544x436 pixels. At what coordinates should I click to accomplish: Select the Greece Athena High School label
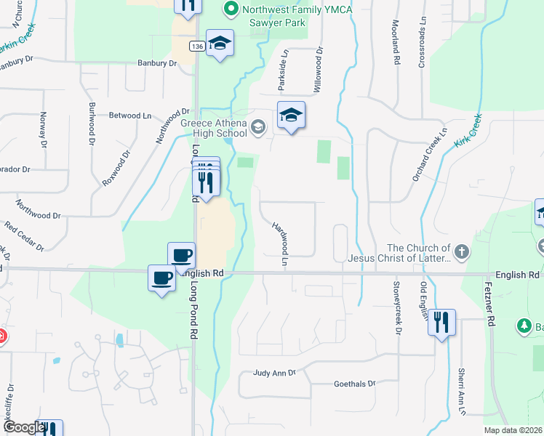(x=214, y=128)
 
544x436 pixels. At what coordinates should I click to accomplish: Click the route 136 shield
(x=196, y=46)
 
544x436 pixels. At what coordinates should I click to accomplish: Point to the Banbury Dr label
(x=157, y=63)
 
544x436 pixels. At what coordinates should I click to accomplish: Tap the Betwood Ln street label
(x=130, y=116)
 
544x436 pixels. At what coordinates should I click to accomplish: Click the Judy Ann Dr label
(x=274, y=373)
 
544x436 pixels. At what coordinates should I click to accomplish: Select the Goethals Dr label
(x=354, y=383)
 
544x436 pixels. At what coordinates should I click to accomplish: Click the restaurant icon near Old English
(x=441, y=321)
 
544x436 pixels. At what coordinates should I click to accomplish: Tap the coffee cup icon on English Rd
(x=161, y=277)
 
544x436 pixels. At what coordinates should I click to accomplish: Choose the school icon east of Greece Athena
(x=291, y=116)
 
